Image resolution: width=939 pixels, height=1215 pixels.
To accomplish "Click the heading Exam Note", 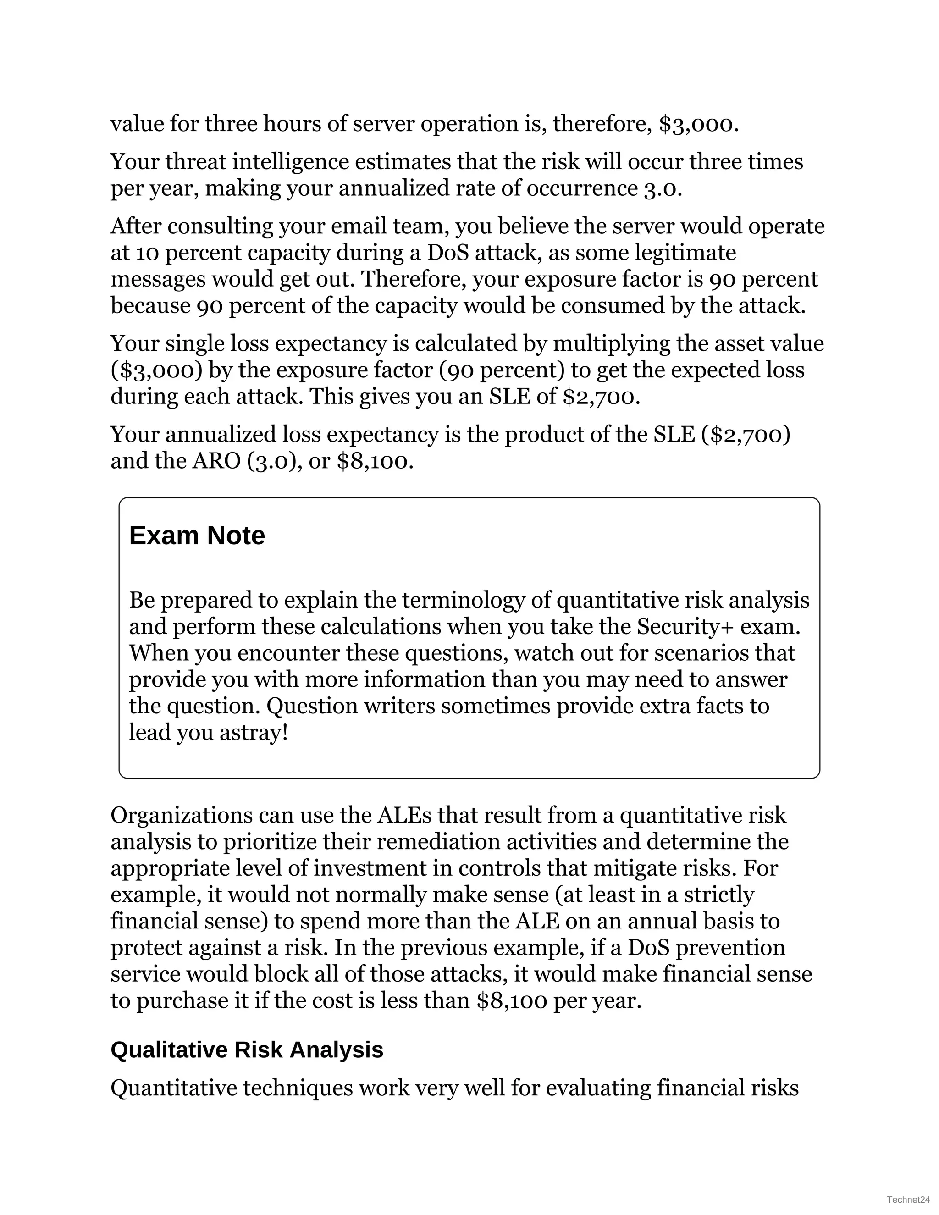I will click(197, 536).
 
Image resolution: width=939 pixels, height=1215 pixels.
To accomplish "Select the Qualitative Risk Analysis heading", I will click(247, 1050).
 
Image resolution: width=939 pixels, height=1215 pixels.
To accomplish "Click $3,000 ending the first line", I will click(699, 123).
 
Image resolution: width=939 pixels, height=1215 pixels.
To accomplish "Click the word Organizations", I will click(182, 815).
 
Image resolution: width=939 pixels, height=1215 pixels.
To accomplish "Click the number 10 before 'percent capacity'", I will click(149, 253).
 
